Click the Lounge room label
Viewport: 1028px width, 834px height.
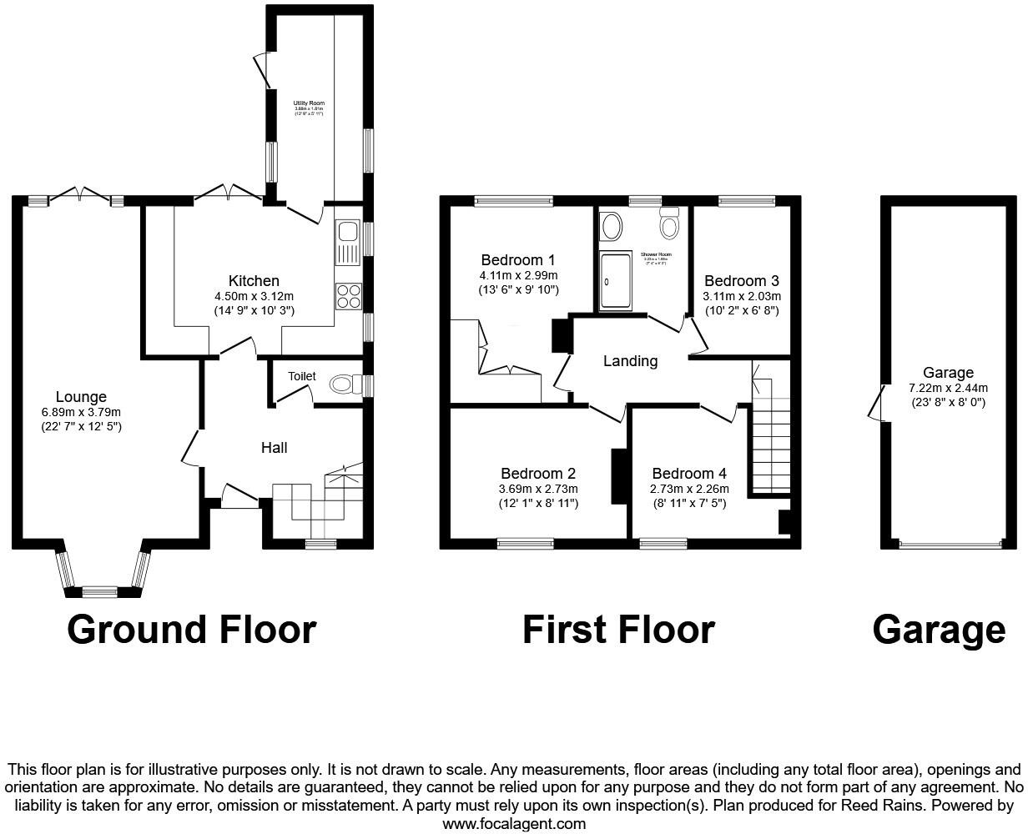81,397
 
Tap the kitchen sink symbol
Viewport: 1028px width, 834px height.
347,241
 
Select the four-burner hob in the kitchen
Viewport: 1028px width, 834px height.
347,296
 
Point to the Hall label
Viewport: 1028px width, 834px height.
275,448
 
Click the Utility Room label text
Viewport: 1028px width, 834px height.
307,103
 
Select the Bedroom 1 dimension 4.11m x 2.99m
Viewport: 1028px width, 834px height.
518,275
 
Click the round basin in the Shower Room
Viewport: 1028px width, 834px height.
612,225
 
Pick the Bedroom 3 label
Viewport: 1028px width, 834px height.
741,281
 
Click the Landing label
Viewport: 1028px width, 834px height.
630,361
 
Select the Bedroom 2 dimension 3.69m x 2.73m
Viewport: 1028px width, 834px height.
538,489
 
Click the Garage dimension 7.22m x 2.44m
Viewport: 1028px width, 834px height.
948,388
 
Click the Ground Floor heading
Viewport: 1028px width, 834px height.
192,630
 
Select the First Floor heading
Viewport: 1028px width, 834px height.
618,630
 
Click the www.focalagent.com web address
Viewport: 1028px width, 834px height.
513,823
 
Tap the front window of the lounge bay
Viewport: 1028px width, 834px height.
99,592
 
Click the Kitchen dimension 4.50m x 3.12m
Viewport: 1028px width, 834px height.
254,296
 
